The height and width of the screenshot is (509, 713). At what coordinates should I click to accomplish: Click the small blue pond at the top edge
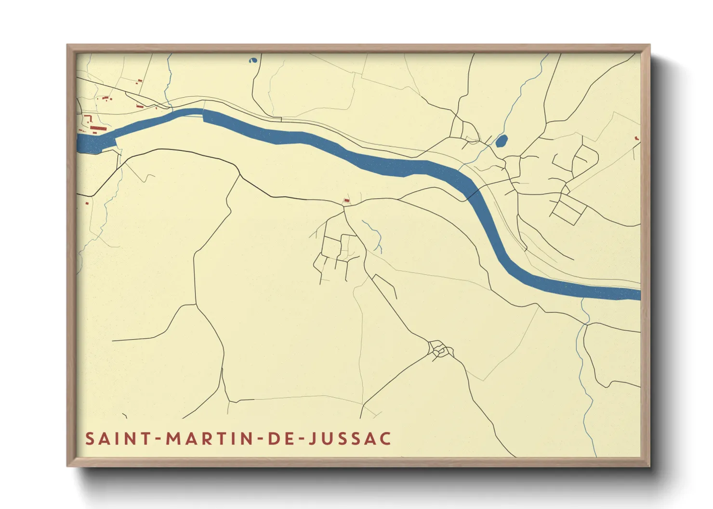[252, 61]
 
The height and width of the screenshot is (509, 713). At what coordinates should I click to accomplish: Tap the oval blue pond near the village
[501, 141]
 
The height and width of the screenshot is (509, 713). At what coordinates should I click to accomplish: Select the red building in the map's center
[346, 200]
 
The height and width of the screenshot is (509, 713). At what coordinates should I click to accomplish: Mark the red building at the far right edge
[637, 139]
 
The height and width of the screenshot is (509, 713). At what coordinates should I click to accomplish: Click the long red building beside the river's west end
[98, 128]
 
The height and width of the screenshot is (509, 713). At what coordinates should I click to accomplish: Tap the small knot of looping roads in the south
[440, 350]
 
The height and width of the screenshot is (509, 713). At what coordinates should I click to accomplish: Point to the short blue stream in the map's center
[375, 236]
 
